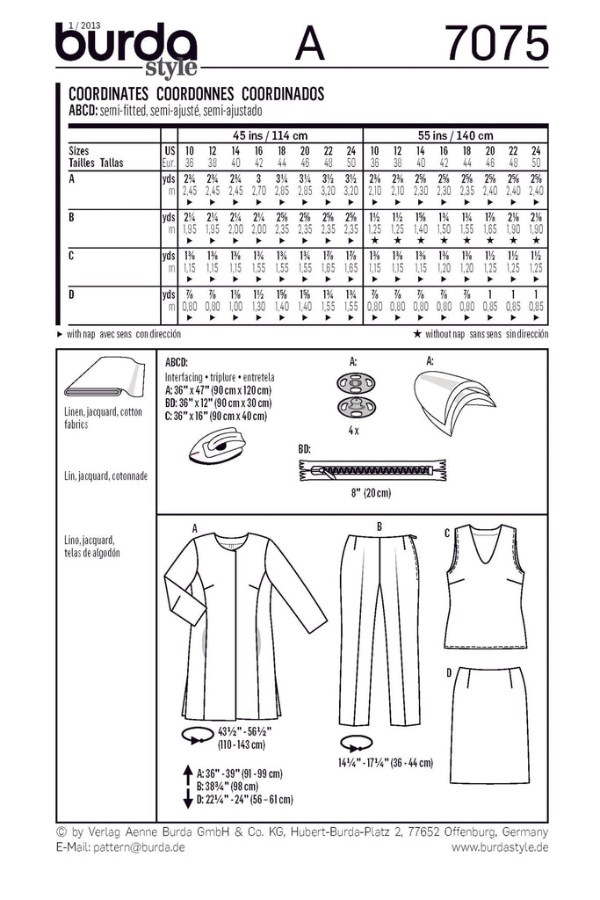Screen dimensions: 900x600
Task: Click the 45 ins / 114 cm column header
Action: pyautogui.click(x=270, y=135)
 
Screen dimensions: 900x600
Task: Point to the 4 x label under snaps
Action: pyautogui.click(x=354, y=432)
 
